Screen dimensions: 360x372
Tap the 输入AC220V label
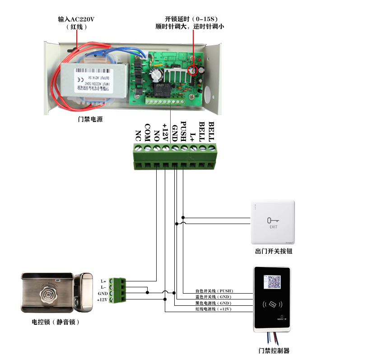coord(76,19)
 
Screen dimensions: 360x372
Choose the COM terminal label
coord(147,132)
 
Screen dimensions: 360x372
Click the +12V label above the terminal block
coord(165,132)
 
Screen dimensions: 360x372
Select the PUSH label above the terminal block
coord(183,131)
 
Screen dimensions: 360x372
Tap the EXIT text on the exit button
coord(273,227)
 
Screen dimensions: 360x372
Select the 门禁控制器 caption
coord(274,351)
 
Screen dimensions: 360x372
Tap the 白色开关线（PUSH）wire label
coord(214,291)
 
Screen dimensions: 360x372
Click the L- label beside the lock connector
coord(103,287)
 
